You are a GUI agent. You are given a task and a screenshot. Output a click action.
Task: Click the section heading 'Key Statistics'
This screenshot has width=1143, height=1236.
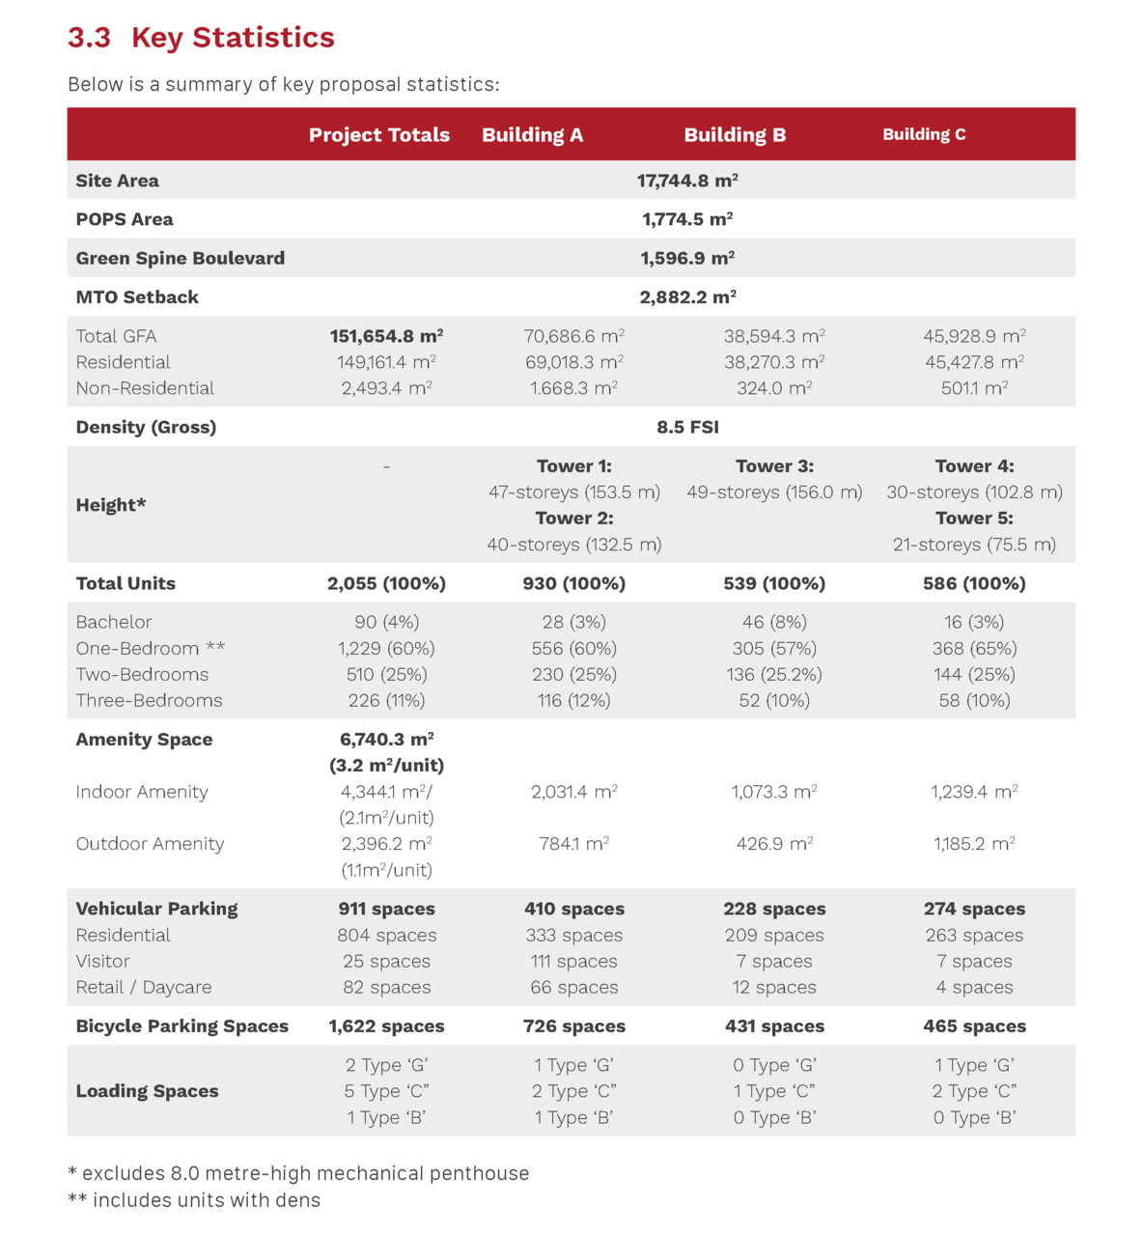233,38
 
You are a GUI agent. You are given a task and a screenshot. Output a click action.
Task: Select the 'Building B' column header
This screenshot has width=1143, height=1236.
735,135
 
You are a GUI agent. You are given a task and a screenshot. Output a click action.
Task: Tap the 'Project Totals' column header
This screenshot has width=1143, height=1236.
379,135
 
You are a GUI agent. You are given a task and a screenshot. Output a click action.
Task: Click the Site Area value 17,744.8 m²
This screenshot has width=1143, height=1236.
687,181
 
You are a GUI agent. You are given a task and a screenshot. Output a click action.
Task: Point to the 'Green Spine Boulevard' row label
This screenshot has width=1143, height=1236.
181,258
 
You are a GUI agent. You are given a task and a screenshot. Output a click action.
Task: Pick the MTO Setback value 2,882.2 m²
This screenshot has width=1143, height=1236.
687,297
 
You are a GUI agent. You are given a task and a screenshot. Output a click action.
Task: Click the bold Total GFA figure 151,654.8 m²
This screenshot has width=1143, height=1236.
386,336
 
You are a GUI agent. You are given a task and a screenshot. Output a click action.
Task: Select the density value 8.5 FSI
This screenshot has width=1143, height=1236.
687,427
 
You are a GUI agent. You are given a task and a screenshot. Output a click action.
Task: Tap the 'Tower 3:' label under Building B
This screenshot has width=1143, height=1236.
774,466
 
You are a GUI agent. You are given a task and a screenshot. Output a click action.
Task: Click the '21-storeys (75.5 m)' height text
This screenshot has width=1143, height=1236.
974,545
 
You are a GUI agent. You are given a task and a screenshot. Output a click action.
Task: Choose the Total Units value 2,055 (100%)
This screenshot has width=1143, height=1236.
386,583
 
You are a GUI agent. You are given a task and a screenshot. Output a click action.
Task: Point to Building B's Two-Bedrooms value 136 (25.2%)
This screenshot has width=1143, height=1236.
774,674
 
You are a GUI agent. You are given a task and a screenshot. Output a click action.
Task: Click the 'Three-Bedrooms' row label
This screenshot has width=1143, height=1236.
150,700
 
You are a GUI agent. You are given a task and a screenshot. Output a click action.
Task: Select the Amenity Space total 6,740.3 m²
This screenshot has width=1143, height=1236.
386,740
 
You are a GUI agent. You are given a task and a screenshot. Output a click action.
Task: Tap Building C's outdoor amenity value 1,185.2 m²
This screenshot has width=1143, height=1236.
974,844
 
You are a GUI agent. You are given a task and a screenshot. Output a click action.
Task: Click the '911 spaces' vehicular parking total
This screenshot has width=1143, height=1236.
386,909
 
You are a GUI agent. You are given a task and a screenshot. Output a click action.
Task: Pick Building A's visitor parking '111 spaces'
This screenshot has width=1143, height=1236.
573,961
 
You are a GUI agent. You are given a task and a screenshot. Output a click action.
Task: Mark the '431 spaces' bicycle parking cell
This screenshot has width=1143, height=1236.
774,1026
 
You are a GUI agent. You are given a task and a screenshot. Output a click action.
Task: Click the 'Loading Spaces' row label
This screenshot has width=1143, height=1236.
148,1091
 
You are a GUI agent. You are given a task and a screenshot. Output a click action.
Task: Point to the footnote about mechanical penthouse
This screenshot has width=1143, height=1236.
298,1173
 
